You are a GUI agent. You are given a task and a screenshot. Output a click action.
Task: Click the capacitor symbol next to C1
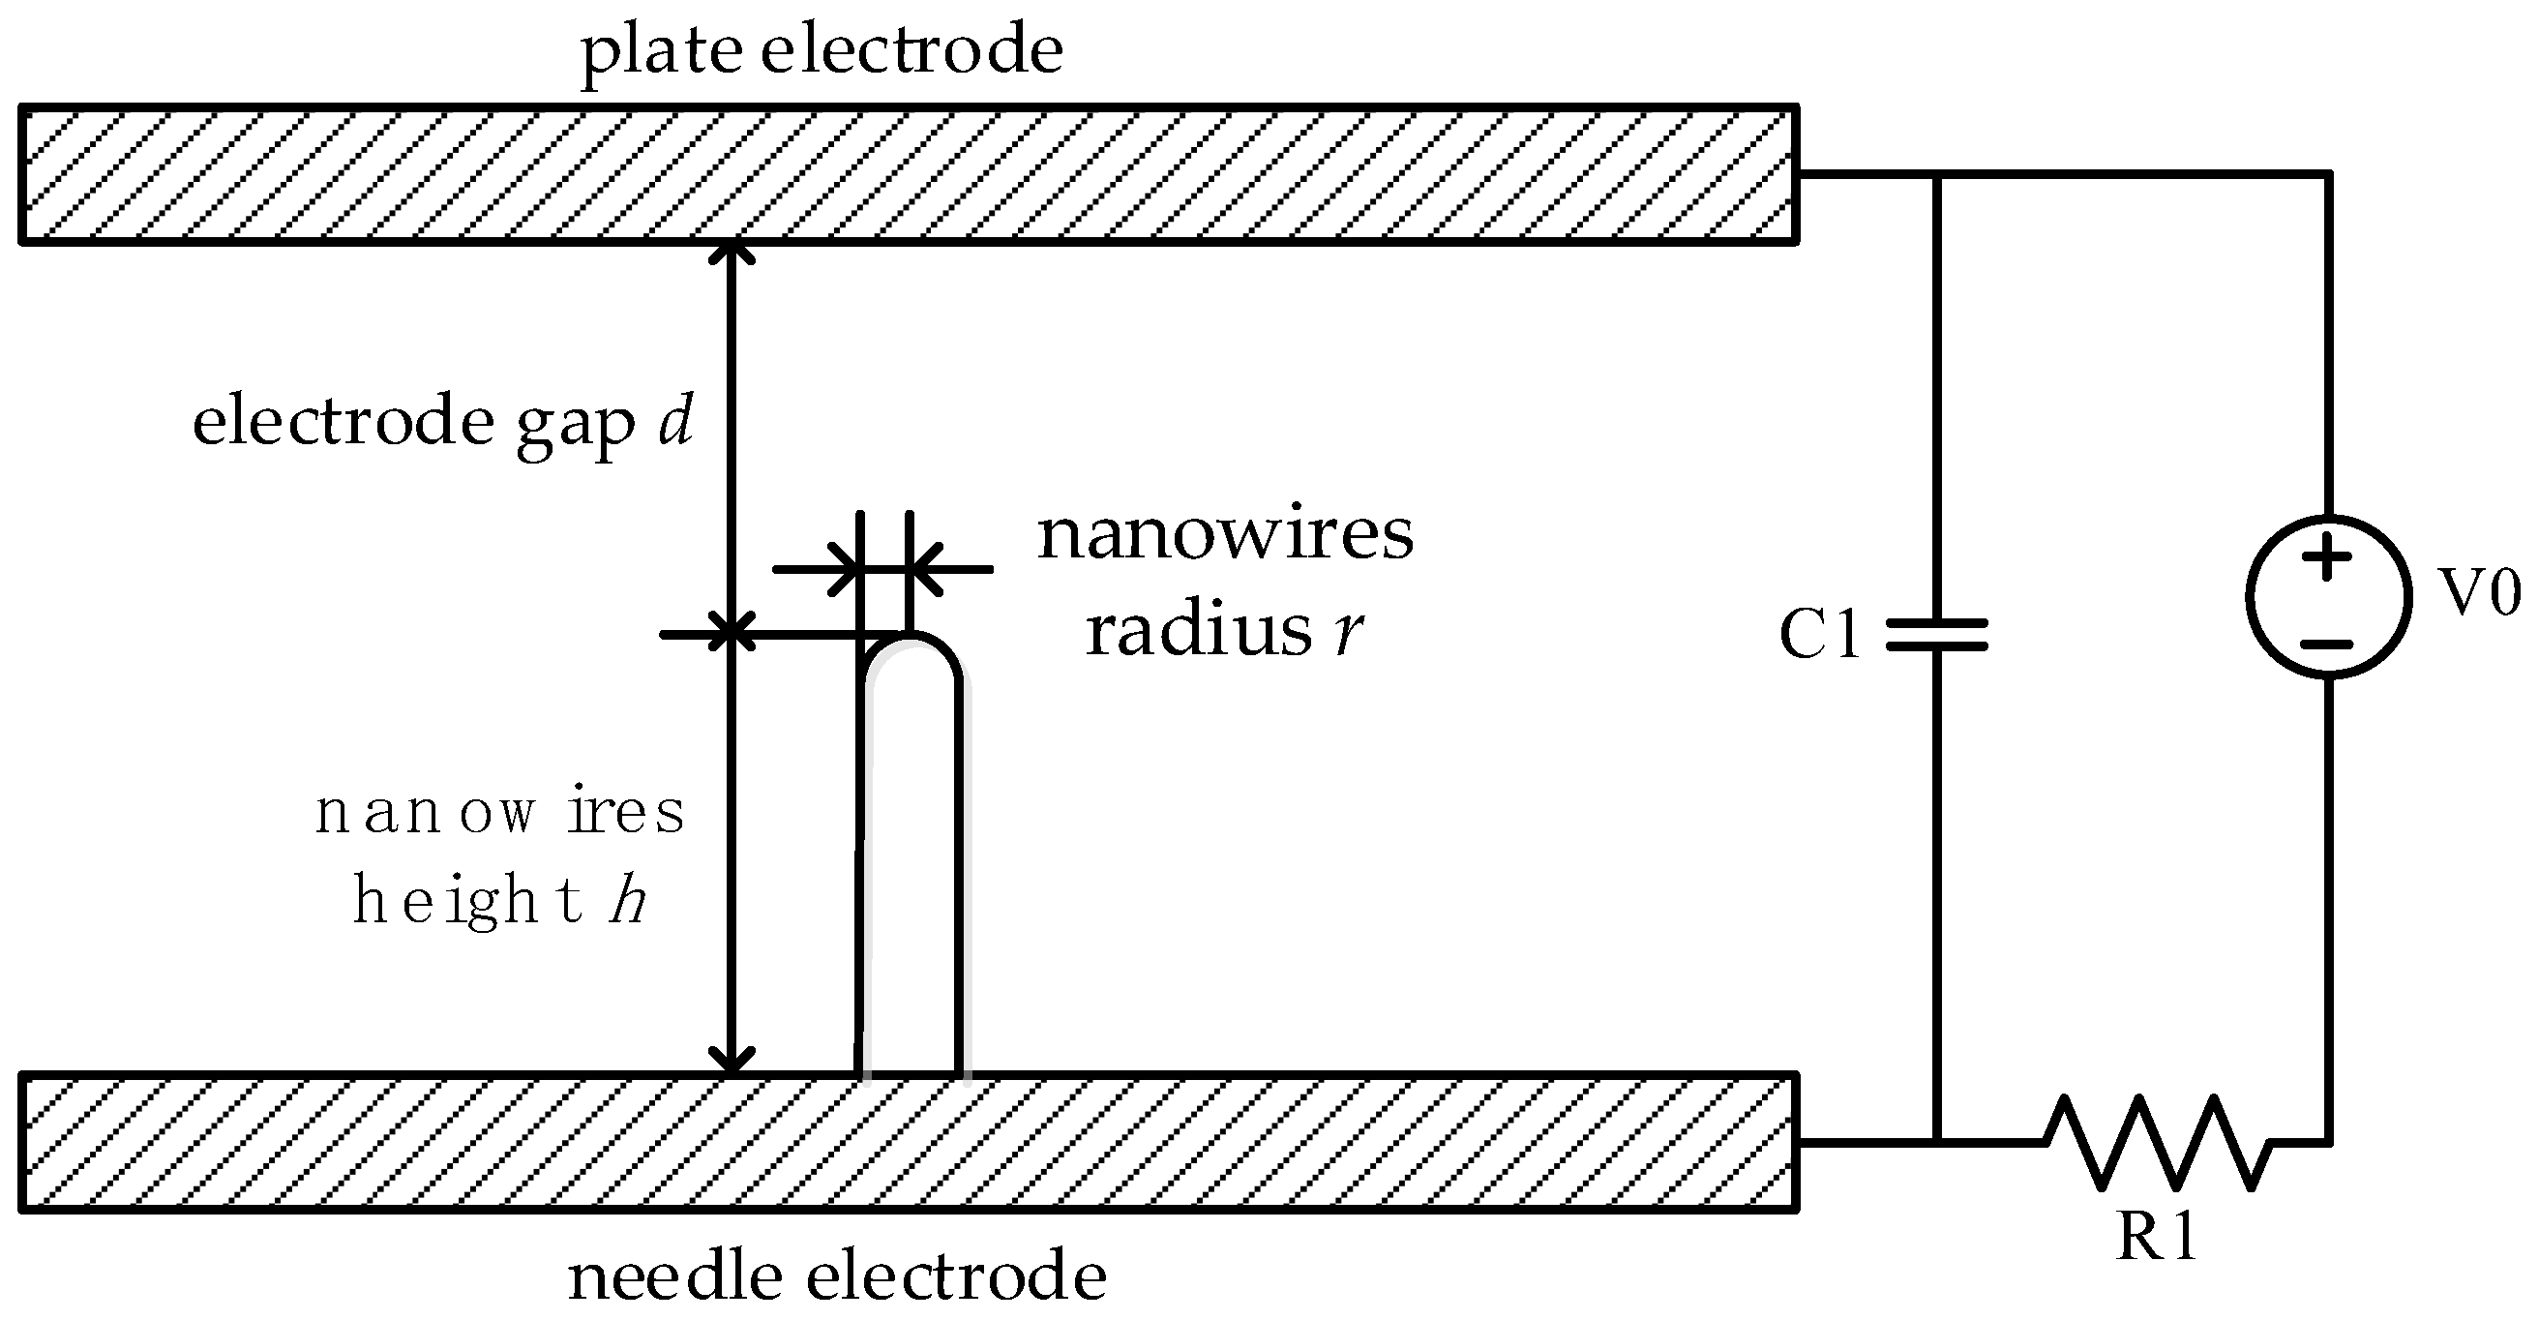coord(1937,635)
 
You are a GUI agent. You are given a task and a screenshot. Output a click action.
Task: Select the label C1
coord(1819,634)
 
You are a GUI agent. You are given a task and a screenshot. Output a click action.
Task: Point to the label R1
coord(2157,1236)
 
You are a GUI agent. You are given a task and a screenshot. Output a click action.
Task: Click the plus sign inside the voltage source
coord(2327,557)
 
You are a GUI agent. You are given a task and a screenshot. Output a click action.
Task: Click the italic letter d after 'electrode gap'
coord(676,421)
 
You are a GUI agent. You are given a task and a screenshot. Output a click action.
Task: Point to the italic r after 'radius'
coord(1348,632)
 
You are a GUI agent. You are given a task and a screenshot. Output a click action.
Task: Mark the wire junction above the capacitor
coord(1937,175)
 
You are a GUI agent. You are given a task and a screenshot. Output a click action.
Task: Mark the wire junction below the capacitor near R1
coord(1937,1143)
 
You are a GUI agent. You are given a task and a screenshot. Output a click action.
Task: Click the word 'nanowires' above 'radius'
coord(1225,536)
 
